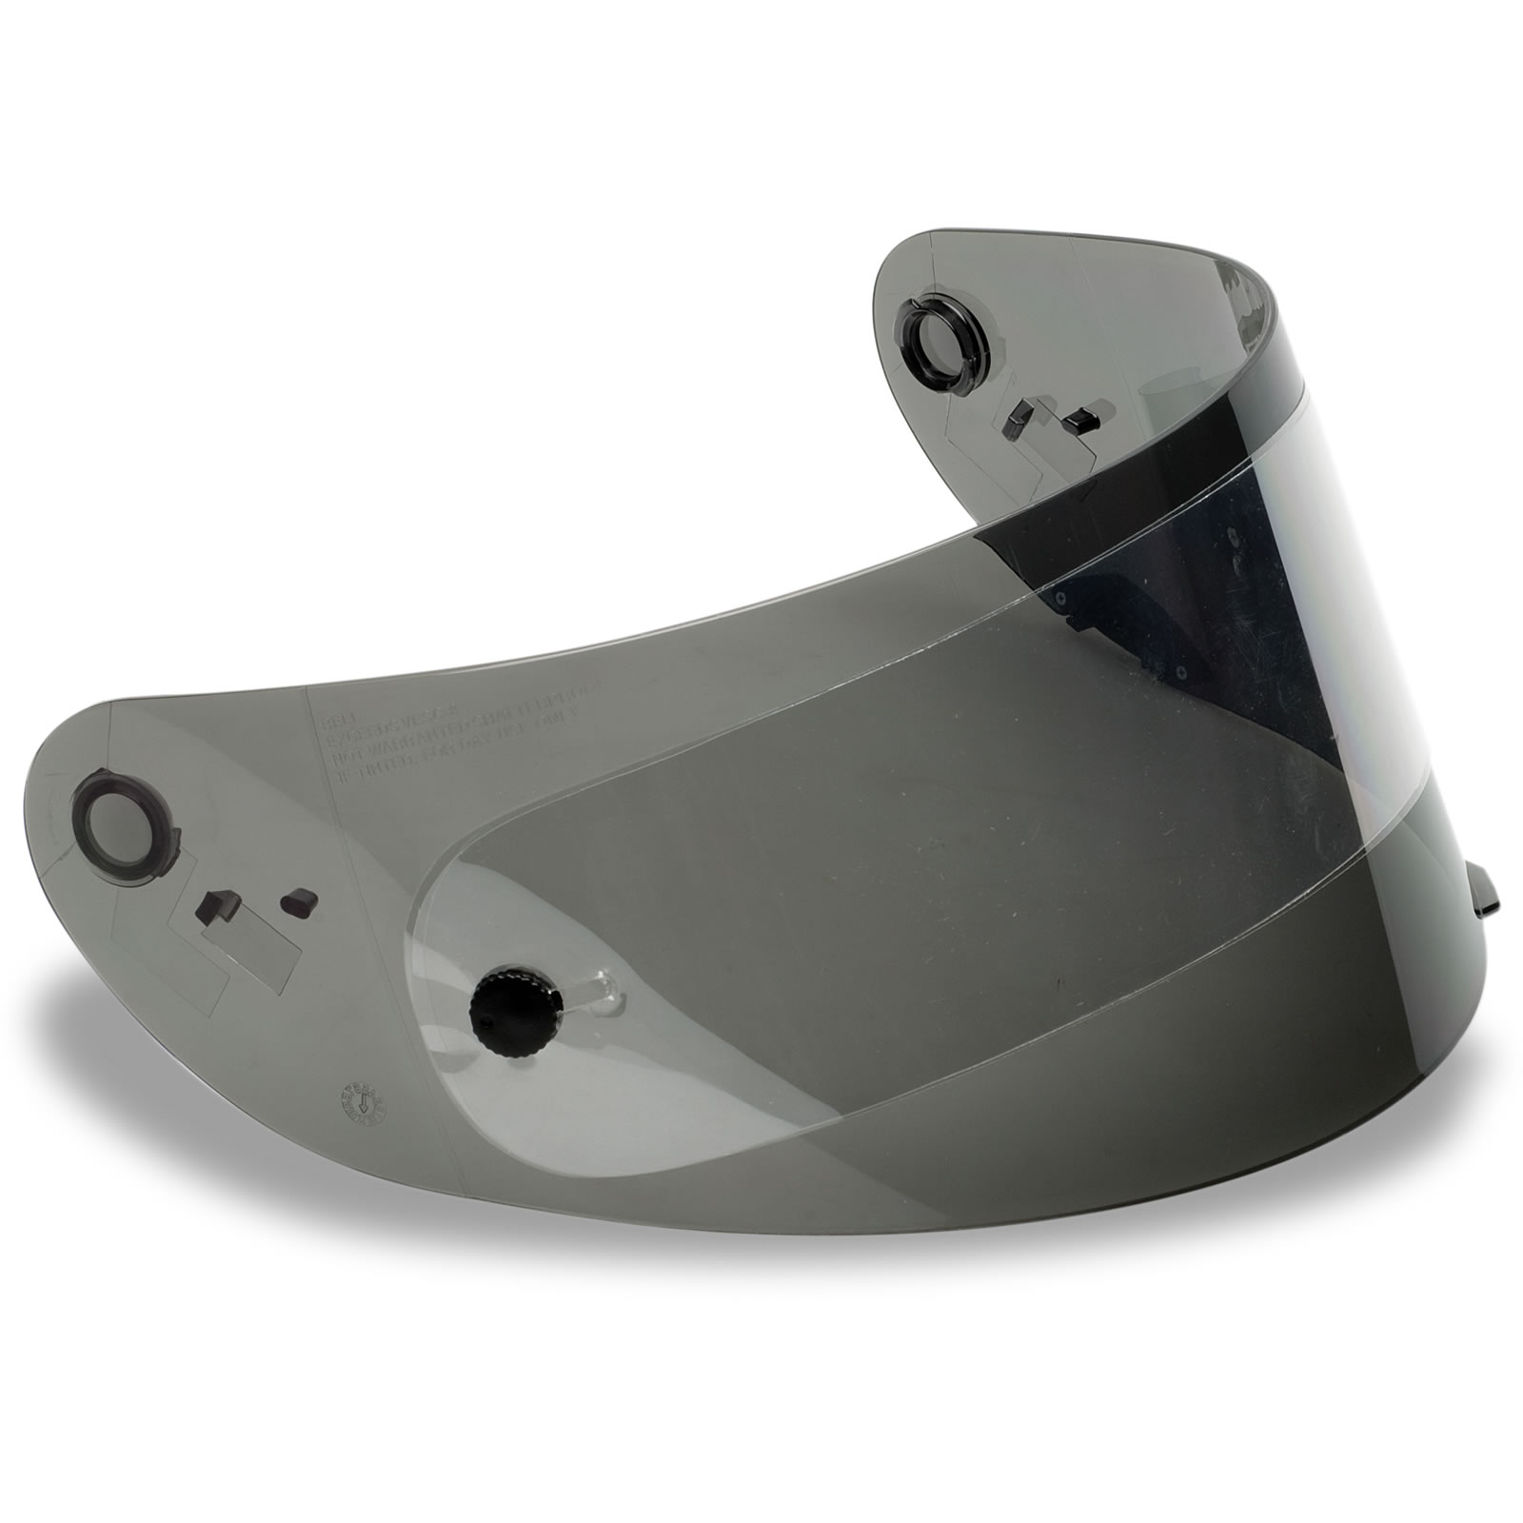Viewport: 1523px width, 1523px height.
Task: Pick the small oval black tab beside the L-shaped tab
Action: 298,898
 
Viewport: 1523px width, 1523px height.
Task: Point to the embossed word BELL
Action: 337,721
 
